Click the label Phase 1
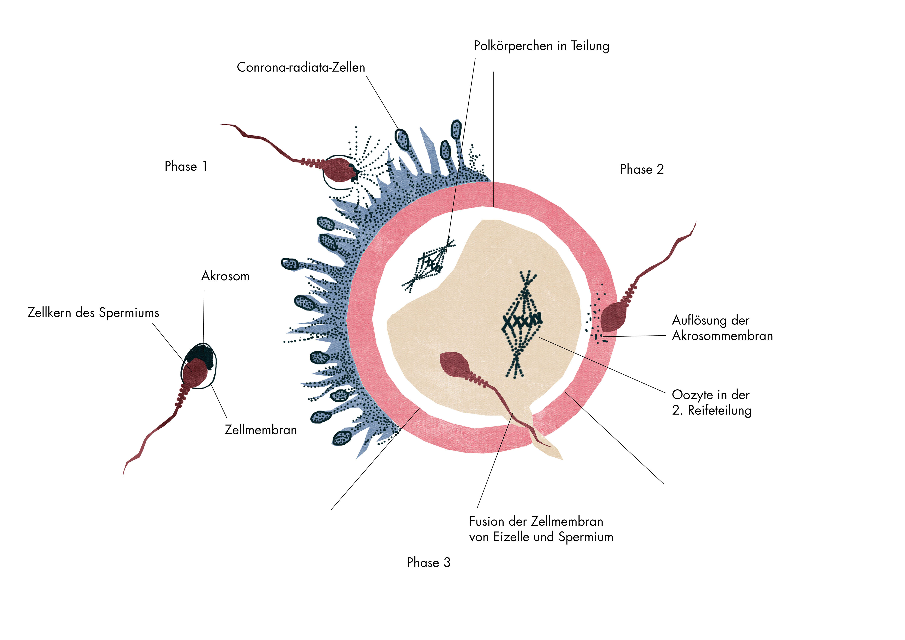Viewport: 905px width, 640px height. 186,166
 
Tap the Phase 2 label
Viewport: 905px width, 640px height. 642,169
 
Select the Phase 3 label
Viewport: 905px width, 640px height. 429,562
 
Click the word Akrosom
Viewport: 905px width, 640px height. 225,276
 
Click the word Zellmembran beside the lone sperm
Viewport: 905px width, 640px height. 261,430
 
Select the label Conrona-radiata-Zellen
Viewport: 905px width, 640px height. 301,67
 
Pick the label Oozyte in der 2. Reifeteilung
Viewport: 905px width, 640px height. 712,402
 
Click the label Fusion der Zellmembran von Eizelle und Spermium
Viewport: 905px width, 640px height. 541,529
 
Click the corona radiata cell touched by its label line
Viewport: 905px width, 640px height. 402,139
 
